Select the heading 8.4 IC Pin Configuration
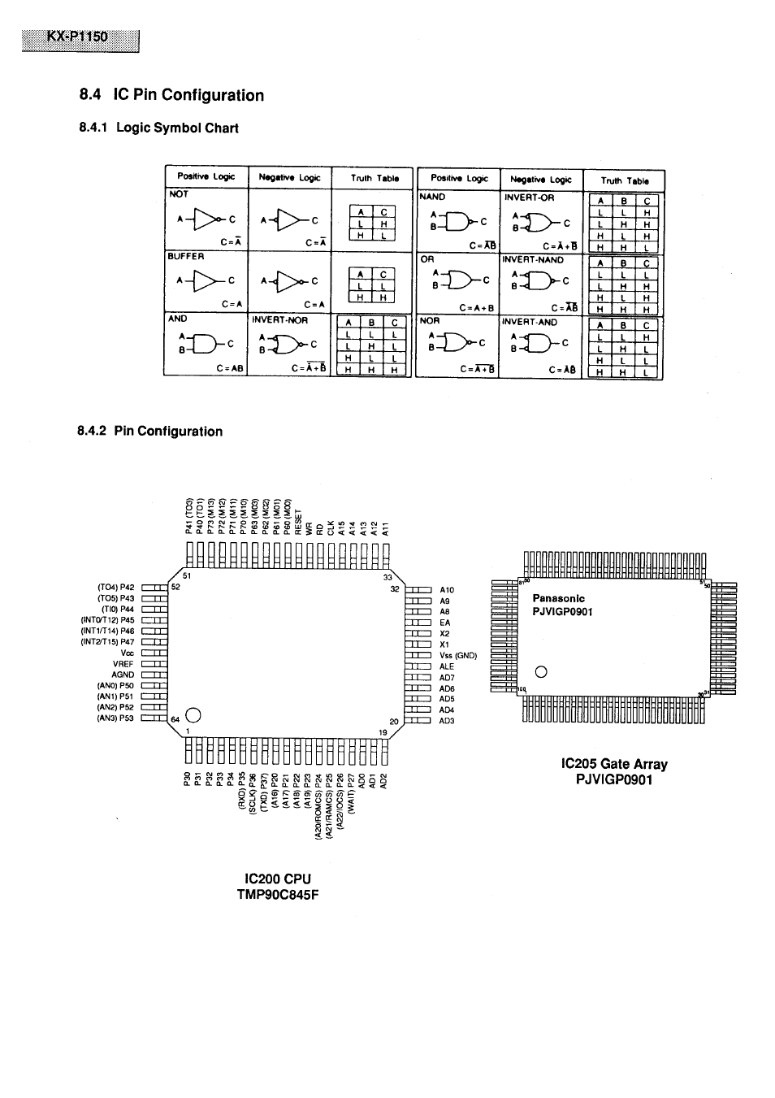pos(171,95)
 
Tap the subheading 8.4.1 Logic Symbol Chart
pos(159,128)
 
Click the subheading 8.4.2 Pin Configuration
pos(149,432)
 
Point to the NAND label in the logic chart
pos(431,197)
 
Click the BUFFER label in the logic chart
pos(186,256)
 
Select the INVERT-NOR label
pos(279,320)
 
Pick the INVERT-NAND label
pos(533,260)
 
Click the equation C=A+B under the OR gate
pos(477,308)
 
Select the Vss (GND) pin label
pos(458,655)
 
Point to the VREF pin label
pos(123,663)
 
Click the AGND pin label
pos(123,675)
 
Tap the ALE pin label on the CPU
pos(447,666)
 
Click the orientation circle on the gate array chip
pos(542,671)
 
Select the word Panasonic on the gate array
pos(558,598)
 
